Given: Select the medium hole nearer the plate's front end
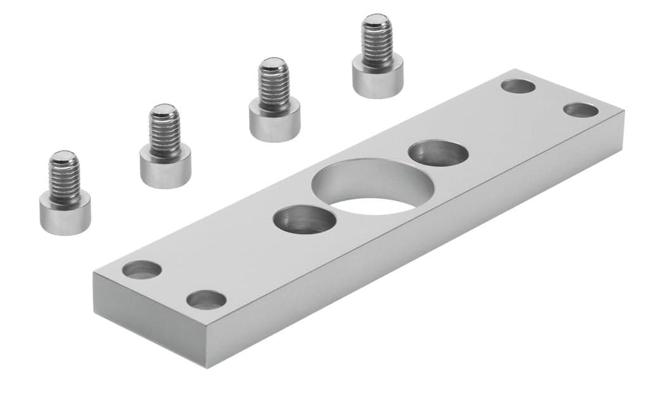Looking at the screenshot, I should (x=305, y=219).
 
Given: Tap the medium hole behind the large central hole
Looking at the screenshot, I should (x=438, y=153).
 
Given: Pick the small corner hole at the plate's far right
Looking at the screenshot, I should (x=580, y=110).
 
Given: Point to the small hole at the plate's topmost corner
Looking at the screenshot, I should (x=518, y=86).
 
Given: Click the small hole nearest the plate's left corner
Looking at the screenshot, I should (x=142, y=270).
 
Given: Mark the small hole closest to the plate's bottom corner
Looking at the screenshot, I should (x=207, y=299).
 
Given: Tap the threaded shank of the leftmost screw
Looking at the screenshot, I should (x=65, y=180).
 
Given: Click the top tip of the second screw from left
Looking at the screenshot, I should (x=164, y=109).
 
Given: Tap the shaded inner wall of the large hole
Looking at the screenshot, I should (x=355, y=181).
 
